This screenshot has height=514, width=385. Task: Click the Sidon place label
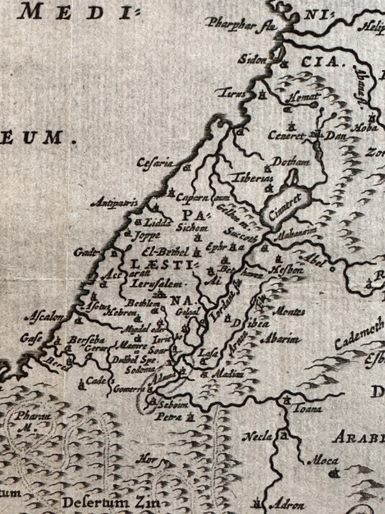coord(255,60)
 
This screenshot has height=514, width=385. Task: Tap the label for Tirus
coord(234,94)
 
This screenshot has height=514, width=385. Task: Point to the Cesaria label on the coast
coord(155,162)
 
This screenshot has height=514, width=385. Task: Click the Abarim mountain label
coord(280,339)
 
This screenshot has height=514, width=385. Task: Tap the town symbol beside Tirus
coord(262,96)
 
